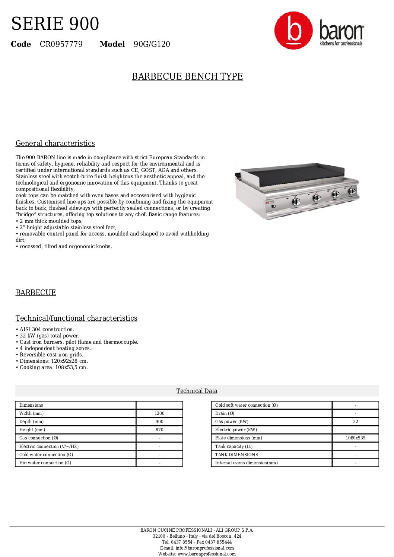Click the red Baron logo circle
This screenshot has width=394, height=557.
293,30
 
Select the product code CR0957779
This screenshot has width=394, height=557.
61,44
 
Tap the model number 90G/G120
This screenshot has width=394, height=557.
152,44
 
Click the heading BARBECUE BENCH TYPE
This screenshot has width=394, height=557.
187,76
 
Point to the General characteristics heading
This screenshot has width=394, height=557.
55,143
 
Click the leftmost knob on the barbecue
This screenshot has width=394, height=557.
296,201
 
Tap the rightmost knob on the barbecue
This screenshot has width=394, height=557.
352,191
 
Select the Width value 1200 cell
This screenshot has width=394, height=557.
159,413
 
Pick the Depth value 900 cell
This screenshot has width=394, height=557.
159,422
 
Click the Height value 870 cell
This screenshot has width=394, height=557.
159,430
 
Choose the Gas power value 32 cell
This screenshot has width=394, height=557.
355,422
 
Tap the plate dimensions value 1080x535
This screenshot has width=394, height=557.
355,438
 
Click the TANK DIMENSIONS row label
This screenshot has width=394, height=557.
236,455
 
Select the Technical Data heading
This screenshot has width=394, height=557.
197,391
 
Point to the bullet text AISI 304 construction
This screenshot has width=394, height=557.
47,329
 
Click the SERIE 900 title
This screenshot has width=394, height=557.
55,24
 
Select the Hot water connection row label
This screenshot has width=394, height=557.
45,463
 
